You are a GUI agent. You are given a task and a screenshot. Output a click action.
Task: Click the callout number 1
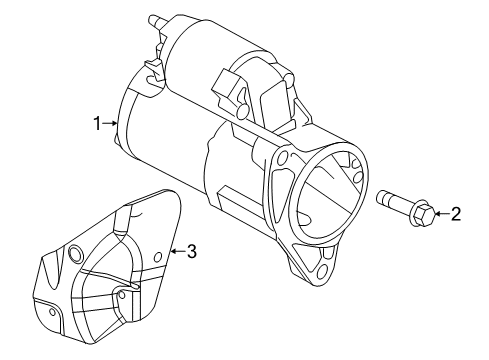pyautogui.click(x=98, y=124)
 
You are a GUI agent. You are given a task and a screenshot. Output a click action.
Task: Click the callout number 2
pyautogui.click(x=455, y=212)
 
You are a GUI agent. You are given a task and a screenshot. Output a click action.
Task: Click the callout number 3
pyautogui.click(x=191, y=252)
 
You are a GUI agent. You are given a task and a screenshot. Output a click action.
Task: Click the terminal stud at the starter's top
pyautogui.click(x=154, y=19)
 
